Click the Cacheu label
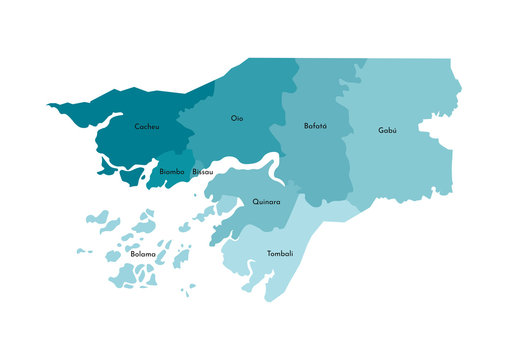click(x=147, y=127)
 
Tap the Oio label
click(x=237, y=118)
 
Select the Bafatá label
click(x=315, y=126)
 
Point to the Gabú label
click(x=387, y=131)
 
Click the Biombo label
click(x=172, y=172)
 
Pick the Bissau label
click(x=203, y=172)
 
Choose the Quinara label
click(x=266, y=201)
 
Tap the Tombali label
click(x=280, y=254)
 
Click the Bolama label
click(x=143, y=254)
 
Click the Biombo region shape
click(x=176, y=160)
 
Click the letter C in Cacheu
click(x=137, y=127)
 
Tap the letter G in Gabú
click(x=380, y=131)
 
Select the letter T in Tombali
click(x=269, y=254)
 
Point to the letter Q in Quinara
click(x=255, y=201)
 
